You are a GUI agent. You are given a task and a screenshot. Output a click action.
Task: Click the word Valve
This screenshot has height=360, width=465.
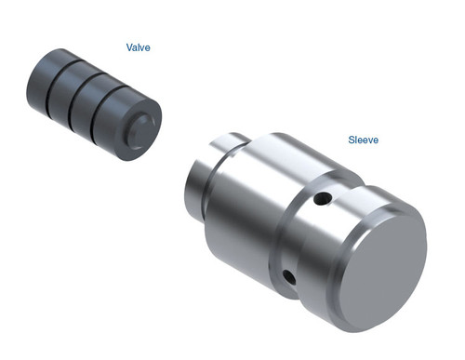pyautogui.click(x=139, y=46)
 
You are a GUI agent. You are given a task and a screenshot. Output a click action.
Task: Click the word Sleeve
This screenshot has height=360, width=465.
pyautogui.click(x=364, y=140)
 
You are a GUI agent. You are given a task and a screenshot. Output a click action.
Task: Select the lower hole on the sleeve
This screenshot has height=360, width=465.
pyautogui.click(x=288, y=275)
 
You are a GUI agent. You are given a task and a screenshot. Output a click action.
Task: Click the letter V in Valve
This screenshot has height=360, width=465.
pyautogui.click(x=129, y=46)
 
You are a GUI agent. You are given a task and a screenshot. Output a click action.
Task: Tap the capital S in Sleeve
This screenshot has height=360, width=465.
pyautogui.click(x=352, y=140)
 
